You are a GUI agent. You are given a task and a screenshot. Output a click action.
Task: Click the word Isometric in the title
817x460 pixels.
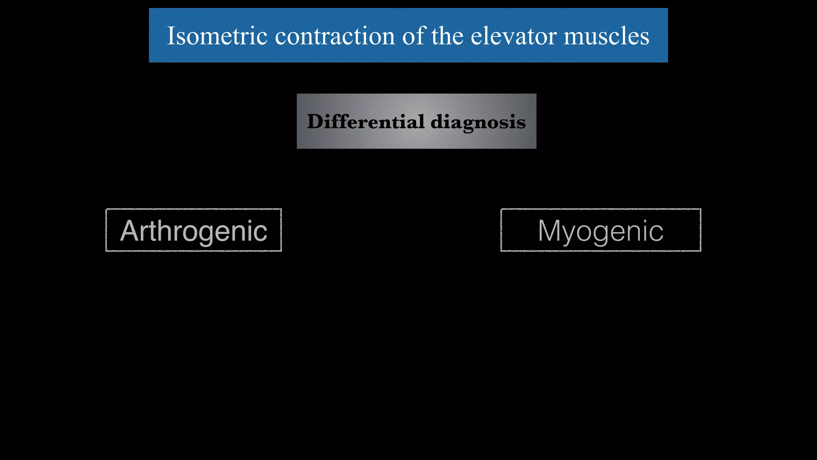(x=217, y=36)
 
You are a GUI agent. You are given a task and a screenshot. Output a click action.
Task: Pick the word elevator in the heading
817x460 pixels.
(x=514, y=36)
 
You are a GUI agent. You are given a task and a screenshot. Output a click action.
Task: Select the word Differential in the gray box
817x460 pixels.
(x=366, y=121)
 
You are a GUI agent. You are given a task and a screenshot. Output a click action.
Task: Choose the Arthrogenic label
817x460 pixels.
(x=193, y=230)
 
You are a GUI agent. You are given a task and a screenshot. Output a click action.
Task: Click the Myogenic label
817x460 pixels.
(x=601, y=230)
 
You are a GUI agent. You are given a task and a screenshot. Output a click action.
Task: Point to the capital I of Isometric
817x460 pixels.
(x=171, y=36)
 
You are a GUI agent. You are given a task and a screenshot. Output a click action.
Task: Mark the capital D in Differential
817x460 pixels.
(x=315, y=121)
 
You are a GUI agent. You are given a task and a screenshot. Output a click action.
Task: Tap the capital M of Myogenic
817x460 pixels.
(x=551, y=230)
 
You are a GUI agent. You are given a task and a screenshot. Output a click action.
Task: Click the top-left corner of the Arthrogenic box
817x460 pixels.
(x=107, y=209)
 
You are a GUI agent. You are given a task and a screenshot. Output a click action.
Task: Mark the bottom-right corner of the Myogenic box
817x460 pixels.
(x=701, y=251)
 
